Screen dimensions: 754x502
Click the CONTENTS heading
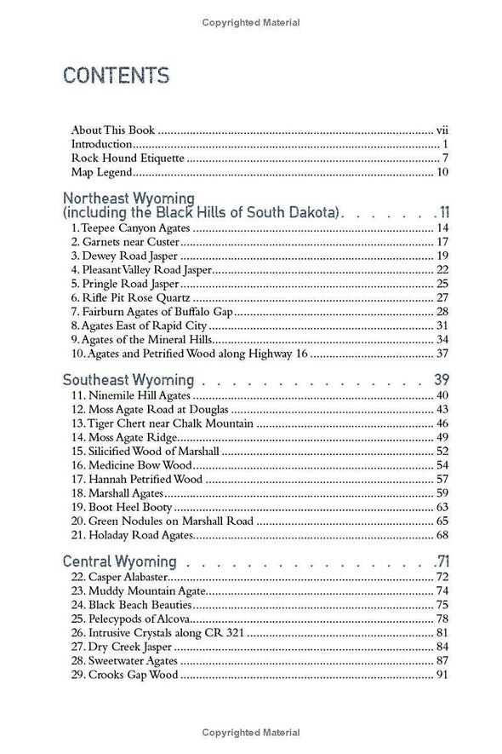[115, 76]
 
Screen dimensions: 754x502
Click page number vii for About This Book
[442, 130]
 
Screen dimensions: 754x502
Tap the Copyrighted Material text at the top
[251, 22]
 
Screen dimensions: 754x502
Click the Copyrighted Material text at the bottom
[251, 732]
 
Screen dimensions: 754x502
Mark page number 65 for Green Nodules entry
[442, 521]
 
